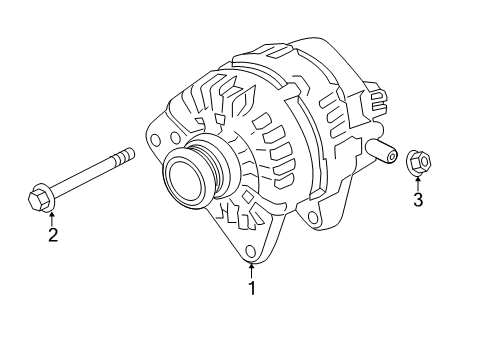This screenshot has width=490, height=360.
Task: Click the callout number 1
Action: pyautogui.click(x=252, y=288)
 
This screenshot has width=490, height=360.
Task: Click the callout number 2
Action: pyautogui.click(x=52, y=236)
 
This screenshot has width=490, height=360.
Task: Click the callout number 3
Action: pyautogui.click(x=418, y=200)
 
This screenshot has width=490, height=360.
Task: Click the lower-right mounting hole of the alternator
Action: pyautogui.click(x=316, y=217)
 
